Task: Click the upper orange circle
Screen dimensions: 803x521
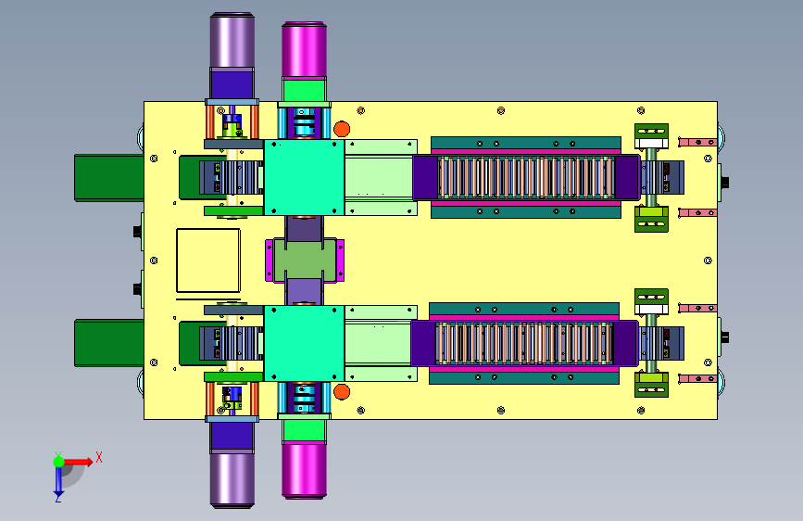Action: [342, 129]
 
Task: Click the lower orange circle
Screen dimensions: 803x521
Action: [342, 392]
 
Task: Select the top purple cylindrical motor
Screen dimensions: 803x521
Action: [232, 41]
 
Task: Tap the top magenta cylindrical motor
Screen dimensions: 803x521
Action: [304, 50]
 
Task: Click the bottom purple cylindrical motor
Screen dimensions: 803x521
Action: [232, 480]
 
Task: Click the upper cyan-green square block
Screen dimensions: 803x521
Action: [304, 177]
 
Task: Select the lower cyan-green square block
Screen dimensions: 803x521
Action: [304, 344]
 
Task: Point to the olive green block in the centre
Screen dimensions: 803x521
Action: [305, 260]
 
